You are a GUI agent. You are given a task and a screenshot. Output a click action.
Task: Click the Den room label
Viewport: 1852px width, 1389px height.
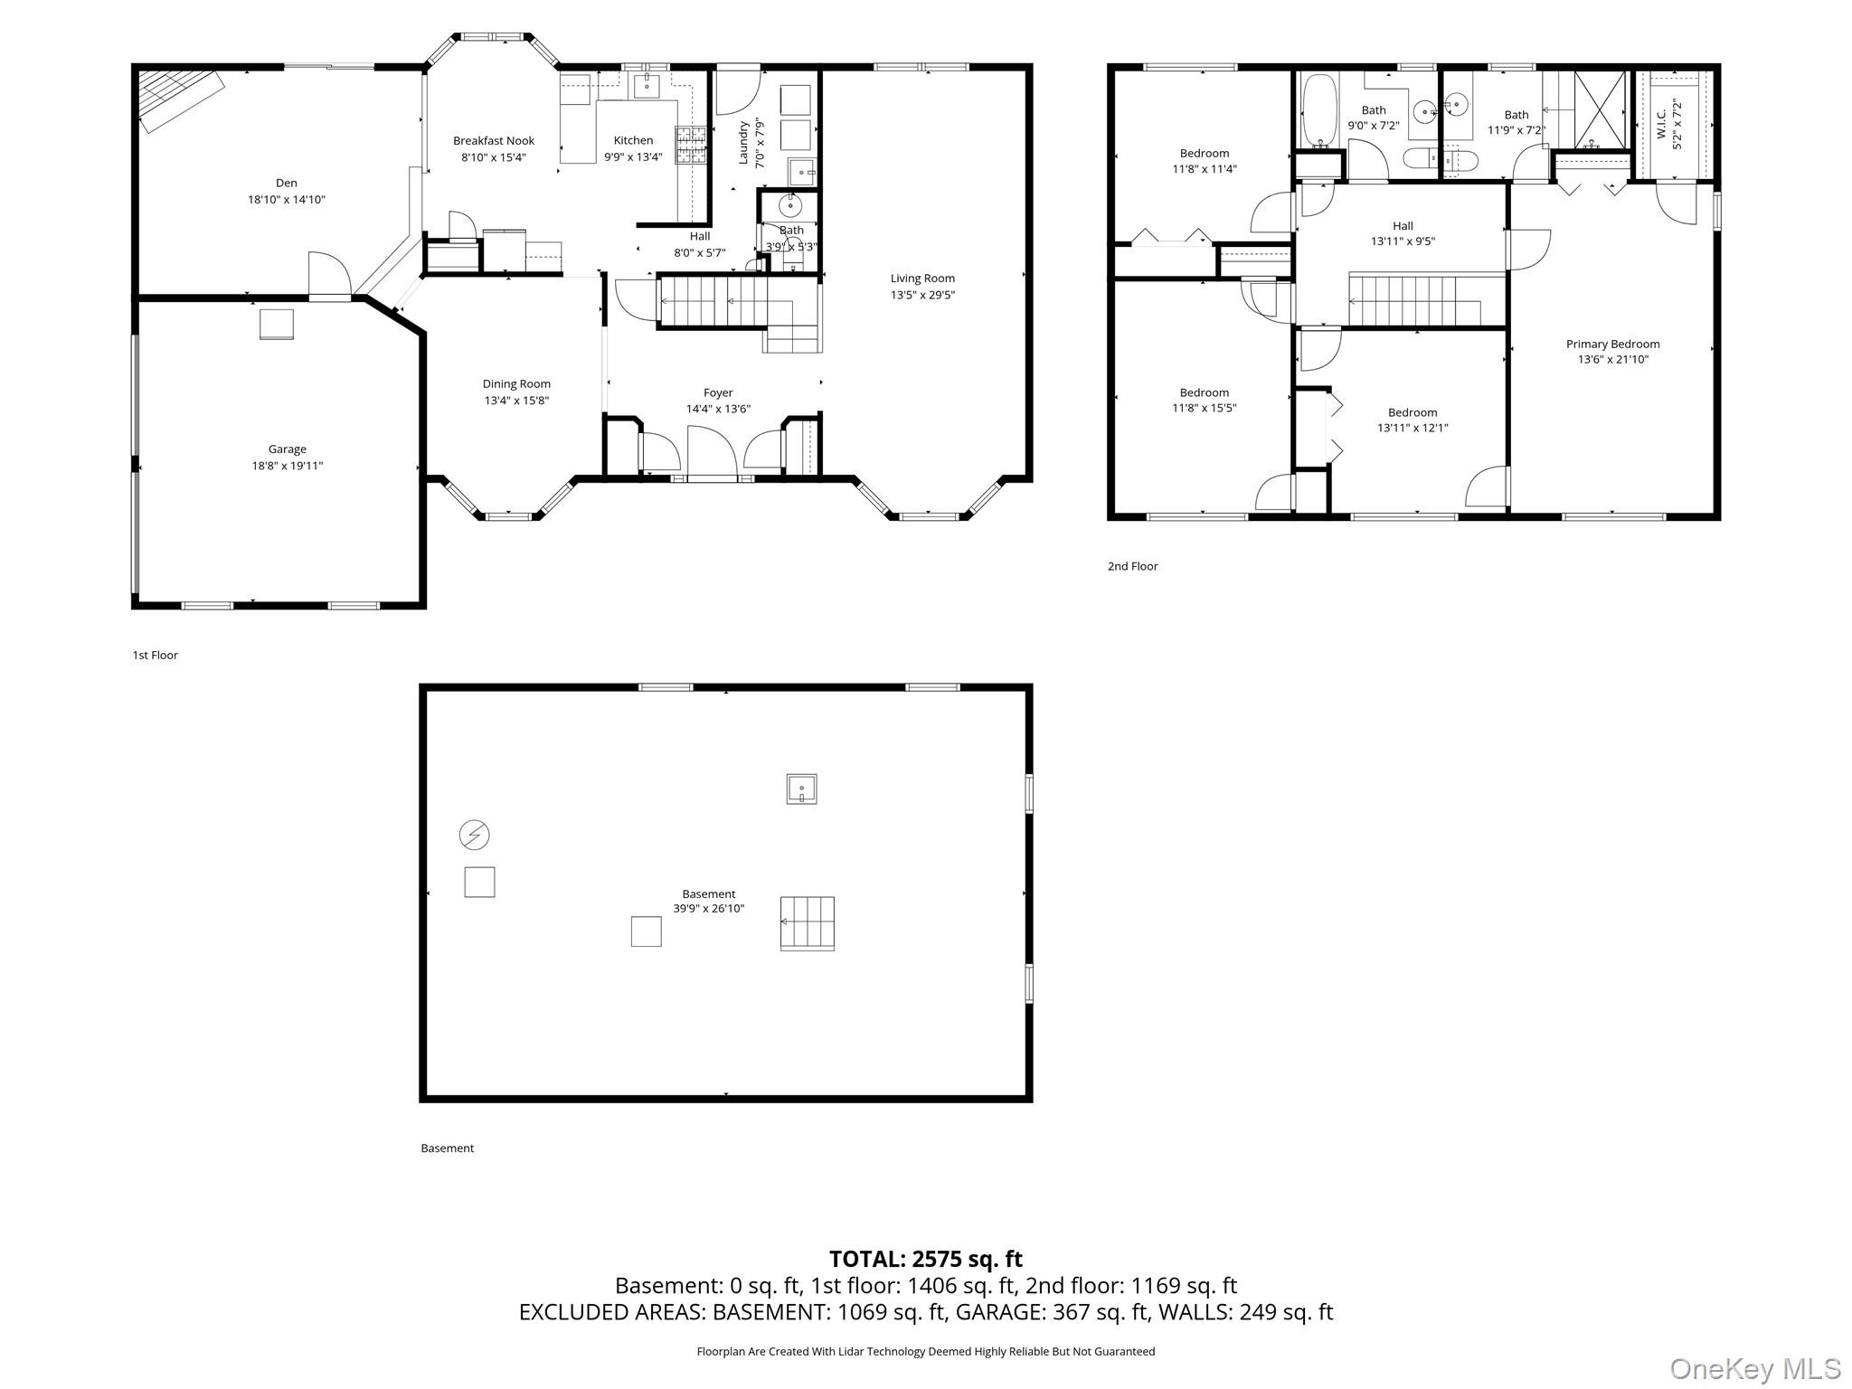point(287,183)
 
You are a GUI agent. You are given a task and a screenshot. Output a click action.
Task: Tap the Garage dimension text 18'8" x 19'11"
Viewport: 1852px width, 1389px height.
point(287,466)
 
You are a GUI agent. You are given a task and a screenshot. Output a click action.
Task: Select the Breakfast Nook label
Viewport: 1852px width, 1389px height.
point(494,140)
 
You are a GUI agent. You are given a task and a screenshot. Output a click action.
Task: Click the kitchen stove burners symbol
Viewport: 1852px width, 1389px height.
point(691,145)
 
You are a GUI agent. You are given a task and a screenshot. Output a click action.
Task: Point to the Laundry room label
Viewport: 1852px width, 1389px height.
point(744,143)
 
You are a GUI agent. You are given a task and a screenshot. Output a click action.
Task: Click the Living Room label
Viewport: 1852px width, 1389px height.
point(922,279)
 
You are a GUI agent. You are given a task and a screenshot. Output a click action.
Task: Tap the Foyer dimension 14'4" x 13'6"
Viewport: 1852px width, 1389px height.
point(718,409)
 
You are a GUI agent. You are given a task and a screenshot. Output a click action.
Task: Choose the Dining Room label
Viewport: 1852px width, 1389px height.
point(516,383)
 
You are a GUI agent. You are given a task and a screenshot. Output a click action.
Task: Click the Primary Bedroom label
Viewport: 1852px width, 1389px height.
point(1612,344)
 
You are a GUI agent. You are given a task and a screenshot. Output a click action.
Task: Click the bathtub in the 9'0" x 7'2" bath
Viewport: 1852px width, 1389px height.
point(1317,111)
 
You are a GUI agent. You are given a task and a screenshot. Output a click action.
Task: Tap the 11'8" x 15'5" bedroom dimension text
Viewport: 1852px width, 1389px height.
point(1204,408)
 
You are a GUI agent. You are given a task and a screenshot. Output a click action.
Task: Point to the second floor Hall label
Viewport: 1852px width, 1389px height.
point(1403,226)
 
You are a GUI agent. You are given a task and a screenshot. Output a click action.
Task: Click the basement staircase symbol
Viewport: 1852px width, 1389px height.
point(807,923)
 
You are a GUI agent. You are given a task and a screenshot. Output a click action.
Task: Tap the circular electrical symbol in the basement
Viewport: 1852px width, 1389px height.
point(475,835)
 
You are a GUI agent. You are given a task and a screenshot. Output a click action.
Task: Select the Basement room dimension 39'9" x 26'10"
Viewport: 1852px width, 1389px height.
point(709,909)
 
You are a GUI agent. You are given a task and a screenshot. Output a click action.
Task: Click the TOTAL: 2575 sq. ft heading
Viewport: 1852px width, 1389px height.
point(926,1259)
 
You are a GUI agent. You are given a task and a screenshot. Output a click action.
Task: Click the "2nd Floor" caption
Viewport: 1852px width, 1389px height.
point(1132,566)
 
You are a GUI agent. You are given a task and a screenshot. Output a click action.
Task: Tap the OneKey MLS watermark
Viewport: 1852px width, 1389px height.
point(1755,1369)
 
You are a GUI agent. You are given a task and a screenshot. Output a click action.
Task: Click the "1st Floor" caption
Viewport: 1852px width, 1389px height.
point(156,655)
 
